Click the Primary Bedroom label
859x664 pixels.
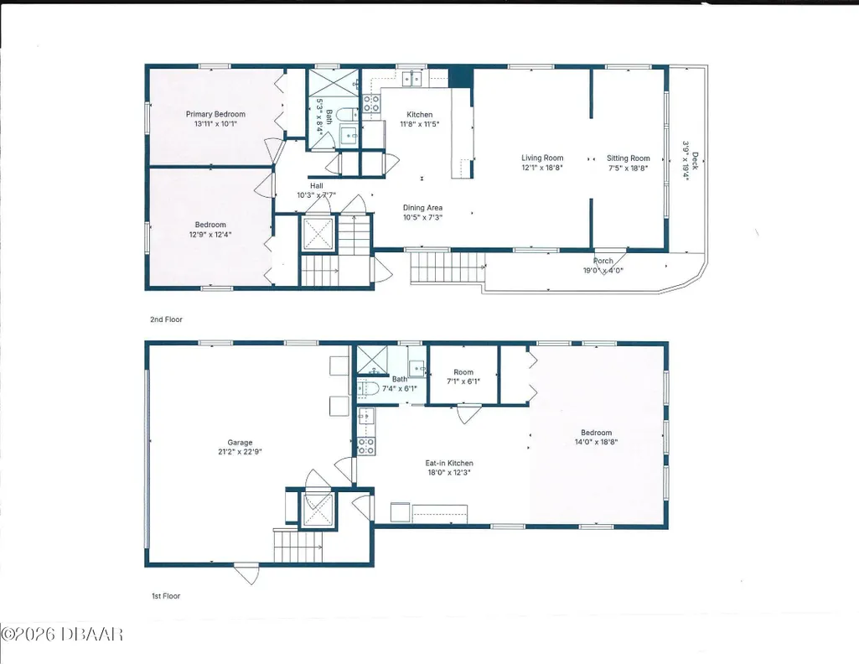tap(215, 114)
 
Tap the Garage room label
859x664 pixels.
tap(240, 442)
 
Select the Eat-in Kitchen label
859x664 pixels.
tap(449, 463)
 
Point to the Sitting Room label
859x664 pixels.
tap(629, 158)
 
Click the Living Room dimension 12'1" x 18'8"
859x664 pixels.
tap(542, 169)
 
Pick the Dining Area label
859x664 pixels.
tap(423, 208)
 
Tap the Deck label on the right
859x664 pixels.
tap(696, 160)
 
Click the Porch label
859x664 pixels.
tap(603, 261)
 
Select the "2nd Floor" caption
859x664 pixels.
tap(167, 319)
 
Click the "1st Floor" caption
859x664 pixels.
tap(166, 596)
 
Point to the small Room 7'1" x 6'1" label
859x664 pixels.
tap(463, 372)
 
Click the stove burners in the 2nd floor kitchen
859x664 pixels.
tap(371, 104)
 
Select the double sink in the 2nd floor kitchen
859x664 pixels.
tap(412, 79)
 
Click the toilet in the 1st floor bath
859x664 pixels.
tap(369, 389)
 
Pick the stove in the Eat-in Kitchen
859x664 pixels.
tap(366, 446)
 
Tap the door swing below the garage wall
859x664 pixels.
tap(246, 574)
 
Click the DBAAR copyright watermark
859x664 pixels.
tap(62, 635)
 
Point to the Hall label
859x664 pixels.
tap(317, 186)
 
